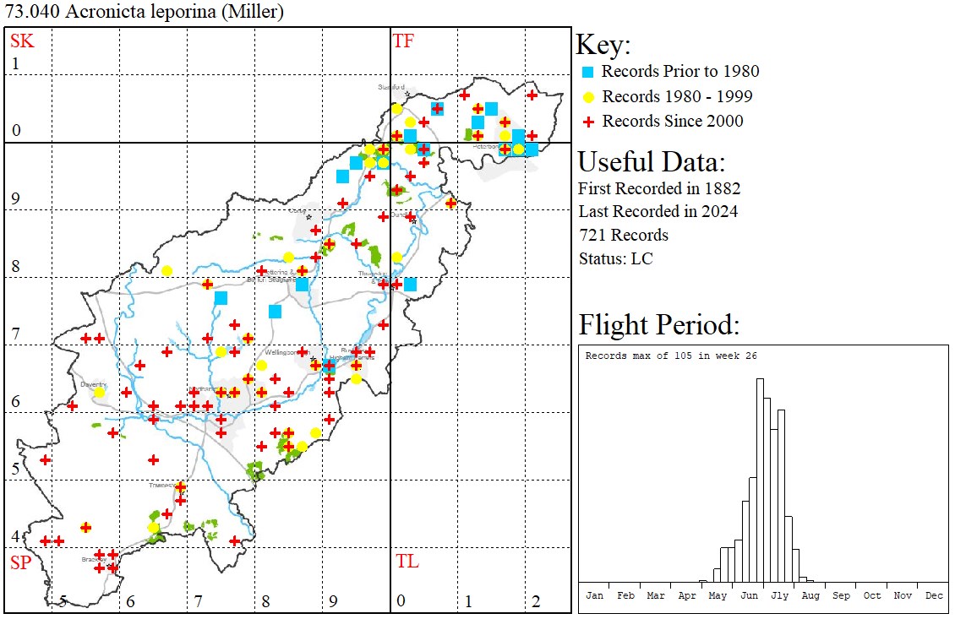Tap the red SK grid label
pos(20,41)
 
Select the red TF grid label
pos(403,41)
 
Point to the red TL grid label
pos(407,562)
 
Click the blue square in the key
pos(587,72)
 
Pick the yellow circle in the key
pos(587,96)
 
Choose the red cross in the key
pos(587,122)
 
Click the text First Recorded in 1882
pos(659,187)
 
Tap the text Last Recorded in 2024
pos(658,211)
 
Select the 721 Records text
pos(623,235)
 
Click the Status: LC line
pos(615,258)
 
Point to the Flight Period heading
pos(659,325)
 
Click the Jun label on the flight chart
pos(749,595)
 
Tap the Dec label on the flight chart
pos(934,595)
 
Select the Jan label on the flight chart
pos(595,595)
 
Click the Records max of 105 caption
pos(671,356)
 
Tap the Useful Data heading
pos(651,161)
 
